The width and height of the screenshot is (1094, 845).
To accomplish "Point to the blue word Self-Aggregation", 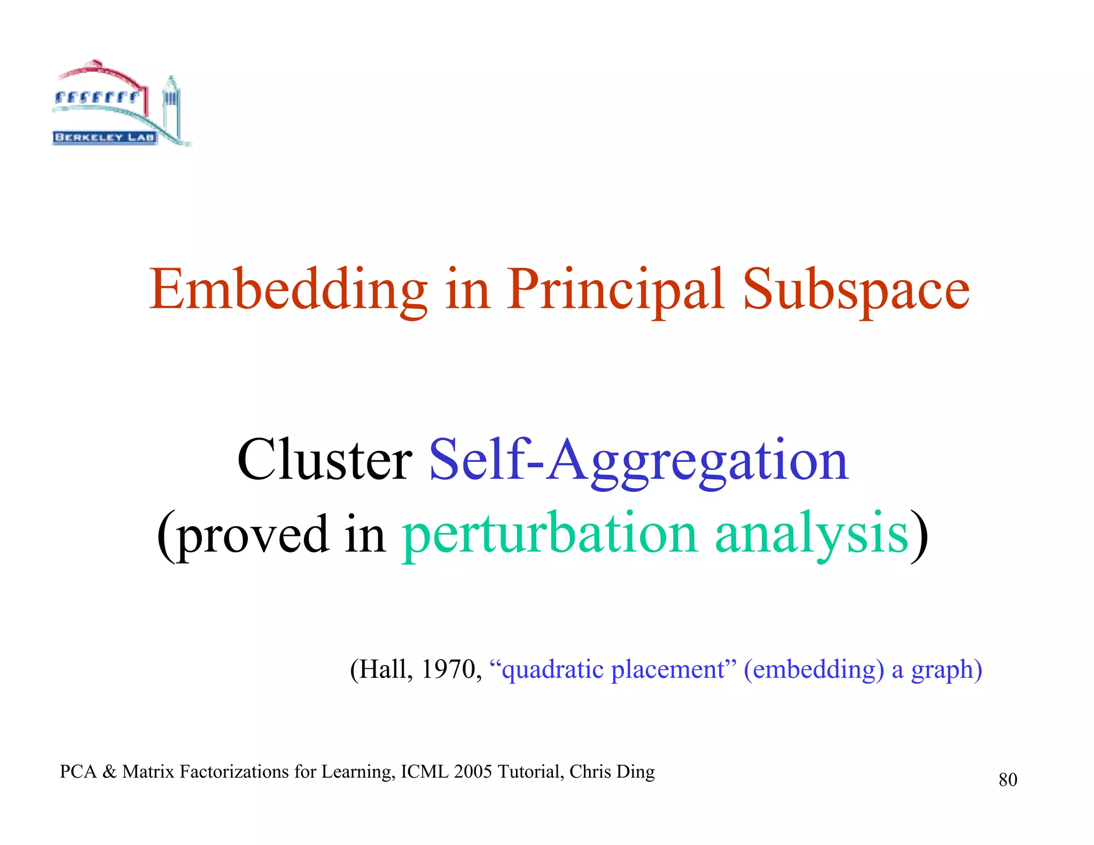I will [638, 460].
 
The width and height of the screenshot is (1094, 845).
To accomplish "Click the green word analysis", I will [811, 534].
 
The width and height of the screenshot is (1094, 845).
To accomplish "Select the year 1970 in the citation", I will [448, 669].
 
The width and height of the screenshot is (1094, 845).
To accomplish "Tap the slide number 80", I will [1007, 780].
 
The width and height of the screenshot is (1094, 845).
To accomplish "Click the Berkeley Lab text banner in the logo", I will [105, 137].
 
